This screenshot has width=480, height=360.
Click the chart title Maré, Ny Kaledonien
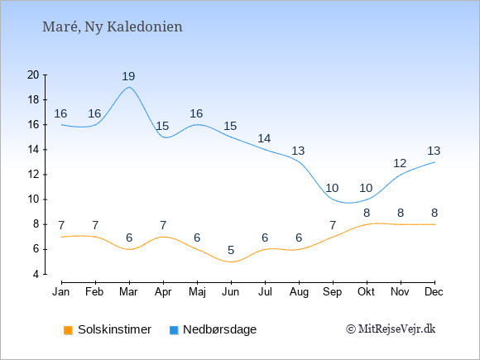113,27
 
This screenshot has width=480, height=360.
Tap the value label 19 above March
128,76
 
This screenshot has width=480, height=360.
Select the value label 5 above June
231,250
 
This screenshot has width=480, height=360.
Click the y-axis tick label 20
33,74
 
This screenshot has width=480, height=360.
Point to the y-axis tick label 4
36,274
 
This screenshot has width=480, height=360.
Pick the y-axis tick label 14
33,150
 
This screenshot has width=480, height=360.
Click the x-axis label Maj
197,292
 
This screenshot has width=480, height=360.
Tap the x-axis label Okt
366,292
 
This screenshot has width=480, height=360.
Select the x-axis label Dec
434,292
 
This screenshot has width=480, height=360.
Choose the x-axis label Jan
61,292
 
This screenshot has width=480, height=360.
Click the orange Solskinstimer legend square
68,330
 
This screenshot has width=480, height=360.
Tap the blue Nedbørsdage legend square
174,330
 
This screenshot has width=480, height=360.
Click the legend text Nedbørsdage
220,329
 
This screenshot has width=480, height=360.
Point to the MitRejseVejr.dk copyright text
391,329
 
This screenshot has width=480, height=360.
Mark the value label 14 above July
264,139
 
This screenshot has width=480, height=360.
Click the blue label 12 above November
400,164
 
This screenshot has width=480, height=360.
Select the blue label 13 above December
434,151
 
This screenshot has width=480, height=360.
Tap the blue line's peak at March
129,87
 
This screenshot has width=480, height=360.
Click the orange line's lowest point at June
231,262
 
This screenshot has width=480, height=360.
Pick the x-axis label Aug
299,292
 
